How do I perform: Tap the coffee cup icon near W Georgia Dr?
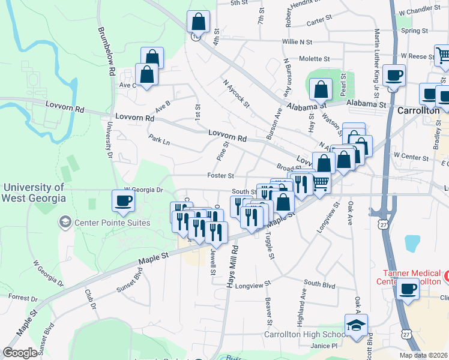[124, 200]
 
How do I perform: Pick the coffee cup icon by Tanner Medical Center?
[408, 289]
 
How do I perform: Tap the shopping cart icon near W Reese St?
[444, 56]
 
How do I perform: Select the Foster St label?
[220, 176]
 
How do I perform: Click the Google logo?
[20, 353]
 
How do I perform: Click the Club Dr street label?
[92, 301]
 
